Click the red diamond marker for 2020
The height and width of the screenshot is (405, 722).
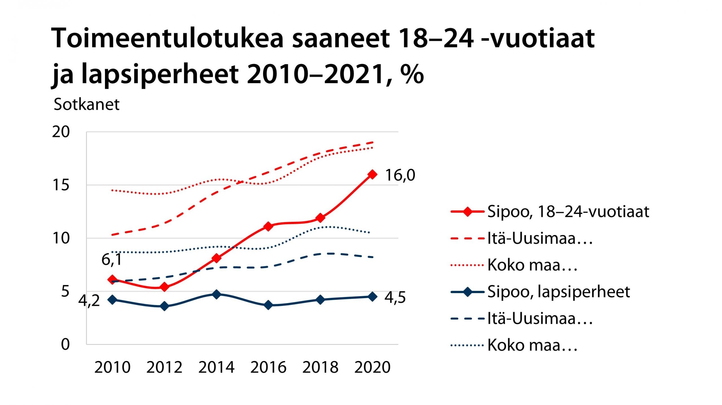click(x=372, y=174)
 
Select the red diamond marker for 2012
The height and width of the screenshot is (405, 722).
click(x=164, y=287)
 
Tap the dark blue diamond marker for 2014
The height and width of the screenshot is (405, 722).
click(x=216, y=294)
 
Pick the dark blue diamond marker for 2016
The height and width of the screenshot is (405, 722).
click(x=268, y=305)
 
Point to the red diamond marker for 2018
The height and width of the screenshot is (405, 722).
click(x=320, y=218)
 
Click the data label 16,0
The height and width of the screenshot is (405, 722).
click(x=400, y=175)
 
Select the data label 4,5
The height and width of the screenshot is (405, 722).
click(x=395, y=298)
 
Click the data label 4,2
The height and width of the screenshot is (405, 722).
click(x=89, y=301)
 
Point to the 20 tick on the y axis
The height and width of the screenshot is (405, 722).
click(x=61, y=132)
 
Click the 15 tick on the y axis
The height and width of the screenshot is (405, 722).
click(x=61, y=185)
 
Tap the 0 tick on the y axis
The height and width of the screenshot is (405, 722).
click(x=65, y=344)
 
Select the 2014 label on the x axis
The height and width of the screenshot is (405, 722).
click(x=216, y=367)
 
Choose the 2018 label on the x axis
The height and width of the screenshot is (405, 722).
click(x=320, y=367)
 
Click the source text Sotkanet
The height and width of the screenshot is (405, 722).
click(x=87, y=104)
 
